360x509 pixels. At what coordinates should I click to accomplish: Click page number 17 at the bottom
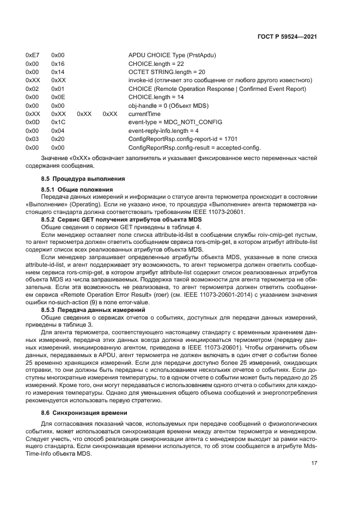[314, 463]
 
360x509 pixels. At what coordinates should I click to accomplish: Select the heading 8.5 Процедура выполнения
[76, 179]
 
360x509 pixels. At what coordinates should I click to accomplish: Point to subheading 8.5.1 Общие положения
[74, 189]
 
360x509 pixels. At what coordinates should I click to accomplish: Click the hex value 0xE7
[32, 56]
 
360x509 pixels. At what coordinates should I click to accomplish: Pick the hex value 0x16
[58, 64]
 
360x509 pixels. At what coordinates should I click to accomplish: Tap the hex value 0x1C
[58, 122]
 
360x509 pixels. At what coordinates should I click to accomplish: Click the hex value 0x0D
[32, 122]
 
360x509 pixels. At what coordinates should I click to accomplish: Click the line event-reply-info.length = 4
[163, 131]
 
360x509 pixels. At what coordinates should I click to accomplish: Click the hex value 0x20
[58, 139]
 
